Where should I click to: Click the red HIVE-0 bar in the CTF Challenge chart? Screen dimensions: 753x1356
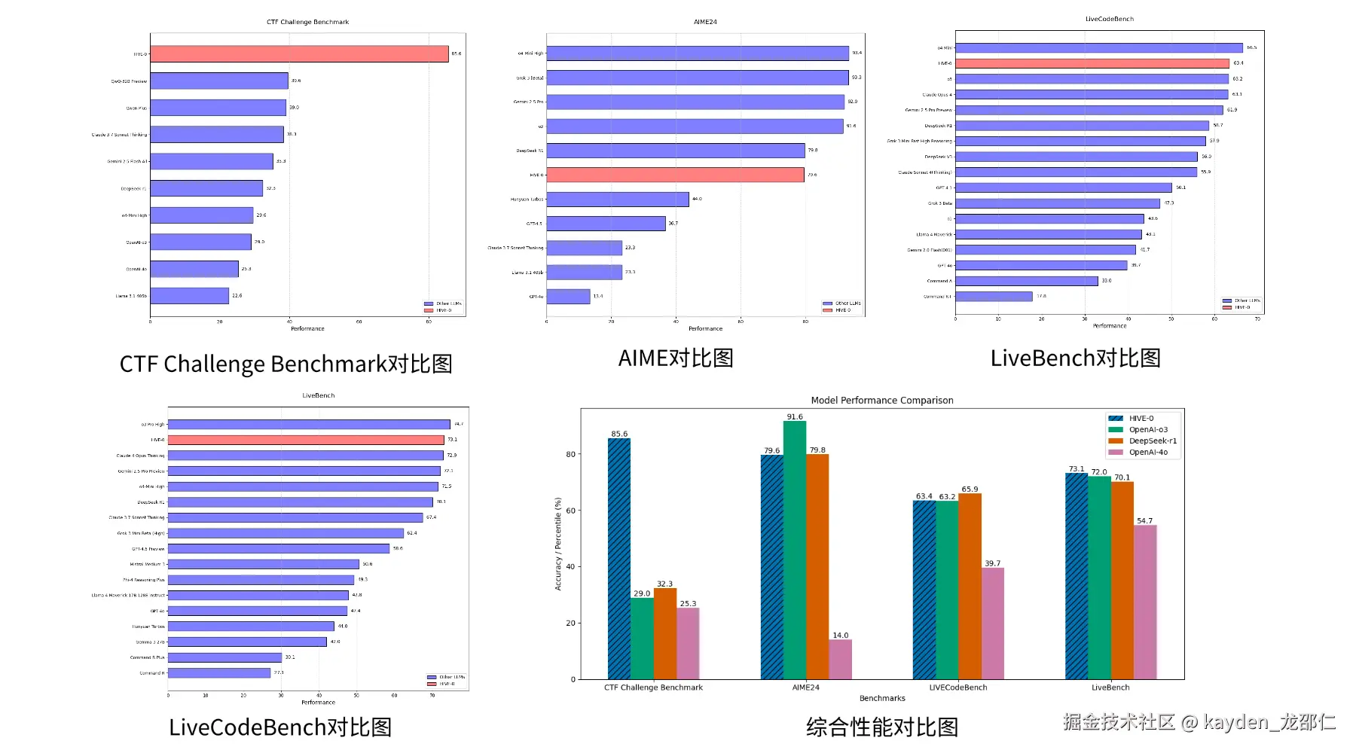[x=299, y=54]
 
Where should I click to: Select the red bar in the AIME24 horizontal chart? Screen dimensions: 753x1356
[x=675, y=175]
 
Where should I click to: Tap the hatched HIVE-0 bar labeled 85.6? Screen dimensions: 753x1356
[x=619, y=559]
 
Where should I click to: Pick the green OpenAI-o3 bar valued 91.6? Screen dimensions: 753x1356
[x=795, y=550]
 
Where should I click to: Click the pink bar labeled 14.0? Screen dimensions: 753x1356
[x=841, y=660]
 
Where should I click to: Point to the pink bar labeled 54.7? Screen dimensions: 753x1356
[x=1145, y=602]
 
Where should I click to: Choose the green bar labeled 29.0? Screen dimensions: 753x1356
[x=642, y=639]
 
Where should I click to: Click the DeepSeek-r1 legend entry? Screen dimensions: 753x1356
[x=1152, y=441]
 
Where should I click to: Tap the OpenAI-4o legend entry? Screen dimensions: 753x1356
[x=1147, y=453]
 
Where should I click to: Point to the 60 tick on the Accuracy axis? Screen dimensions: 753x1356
[x=571, y=511]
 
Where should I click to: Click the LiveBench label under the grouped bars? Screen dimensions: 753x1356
[x=1110, y=687]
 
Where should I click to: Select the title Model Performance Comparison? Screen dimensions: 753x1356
[x=882, y=401]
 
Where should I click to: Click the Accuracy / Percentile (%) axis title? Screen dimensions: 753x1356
[x=558, y=544]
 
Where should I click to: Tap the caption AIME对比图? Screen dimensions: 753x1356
[x=676, y=358]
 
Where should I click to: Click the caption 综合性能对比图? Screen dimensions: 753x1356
[x=882, y=727]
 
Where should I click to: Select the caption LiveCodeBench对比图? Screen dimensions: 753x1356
[x=280, y=727]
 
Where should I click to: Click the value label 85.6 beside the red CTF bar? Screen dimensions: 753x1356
[x=456, y=54]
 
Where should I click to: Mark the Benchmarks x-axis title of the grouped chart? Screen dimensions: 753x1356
[x=882, y=699]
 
